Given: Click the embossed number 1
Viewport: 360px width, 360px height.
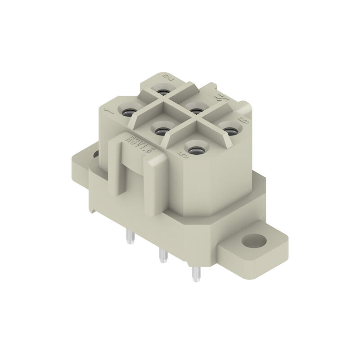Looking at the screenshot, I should [107, 111].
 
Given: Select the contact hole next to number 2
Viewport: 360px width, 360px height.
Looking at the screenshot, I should [162, 91].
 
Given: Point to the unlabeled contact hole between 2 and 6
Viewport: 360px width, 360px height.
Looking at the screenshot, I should [195, 108].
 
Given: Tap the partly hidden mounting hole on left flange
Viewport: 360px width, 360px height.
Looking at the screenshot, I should [96, 155].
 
